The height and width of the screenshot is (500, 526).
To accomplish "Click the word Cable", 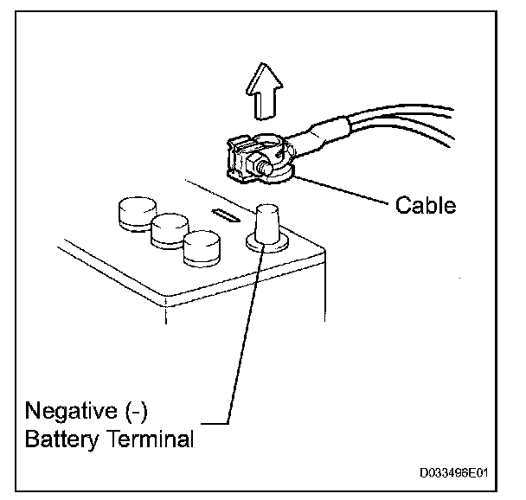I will click(x=425, y=206).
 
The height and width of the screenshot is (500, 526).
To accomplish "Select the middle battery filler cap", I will click(x=169, y=229).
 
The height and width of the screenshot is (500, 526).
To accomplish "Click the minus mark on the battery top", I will click(x=223, y=215).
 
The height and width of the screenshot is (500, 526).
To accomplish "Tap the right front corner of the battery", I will click(x=323, y=260).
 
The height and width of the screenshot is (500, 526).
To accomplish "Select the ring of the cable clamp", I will click(x=279, y=172).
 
